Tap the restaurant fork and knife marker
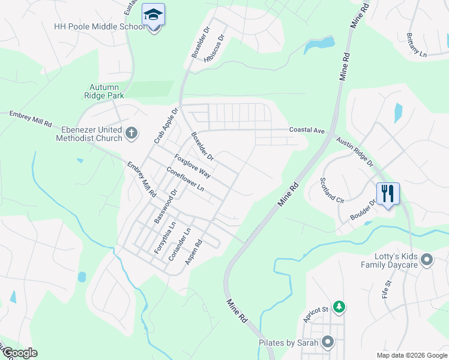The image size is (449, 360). click(388, 194)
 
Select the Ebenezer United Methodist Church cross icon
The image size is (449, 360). click(131, 132)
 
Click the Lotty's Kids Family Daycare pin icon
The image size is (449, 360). click(427, 260)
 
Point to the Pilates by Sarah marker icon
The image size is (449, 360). click(328, 342)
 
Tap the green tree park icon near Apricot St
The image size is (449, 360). click(339, 307)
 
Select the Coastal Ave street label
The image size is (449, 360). click(306, 130)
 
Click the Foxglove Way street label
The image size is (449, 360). click(192, 166)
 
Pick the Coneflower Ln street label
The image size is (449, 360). click(185, 179)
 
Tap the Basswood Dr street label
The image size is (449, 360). click(166, 207)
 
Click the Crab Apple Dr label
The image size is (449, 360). click(166, 126)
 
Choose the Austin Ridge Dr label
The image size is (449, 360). click(354, 151)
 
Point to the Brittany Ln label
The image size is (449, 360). click(416, 46)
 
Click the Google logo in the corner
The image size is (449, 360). click(19, 353)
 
